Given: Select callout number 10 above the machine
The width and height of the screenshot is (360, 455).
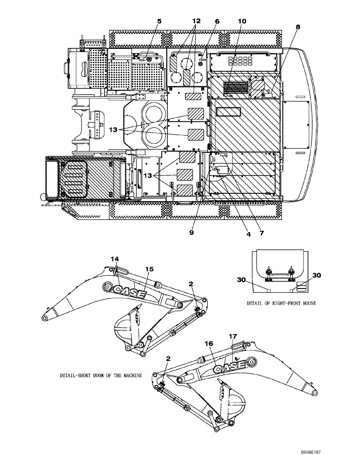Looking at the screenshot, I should (x=242, y=21).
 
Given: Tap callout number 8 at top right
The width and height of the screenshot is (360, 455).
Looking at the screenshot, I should (x=298, y=27).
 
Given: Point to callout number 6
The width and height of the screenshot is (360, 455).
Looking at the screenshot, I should (x=217, y=21).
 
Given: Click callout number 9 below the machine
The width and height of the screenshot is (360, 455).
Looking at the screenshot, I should (x=191, y=232).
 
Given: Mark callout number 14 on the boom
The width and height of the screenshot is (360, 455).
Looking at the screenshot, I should (x=115, y=259).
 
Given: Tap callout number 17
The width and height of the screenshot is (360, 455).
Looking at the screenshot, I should (x=233, y=337).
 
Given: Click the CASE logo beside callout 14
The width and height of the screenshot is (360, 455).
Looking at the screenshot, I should (x=130, y=291).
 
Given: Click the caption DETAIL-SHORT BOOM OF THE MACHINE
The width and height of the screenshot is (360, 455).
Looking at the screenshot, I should (x=101, y=376).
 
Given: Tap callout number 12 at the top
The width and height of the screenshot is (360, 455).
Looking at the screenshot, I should (x=196, y=21).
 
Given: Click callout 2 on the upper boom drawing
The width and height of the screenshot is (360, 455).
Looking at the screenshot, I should (x=191, y=283).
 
